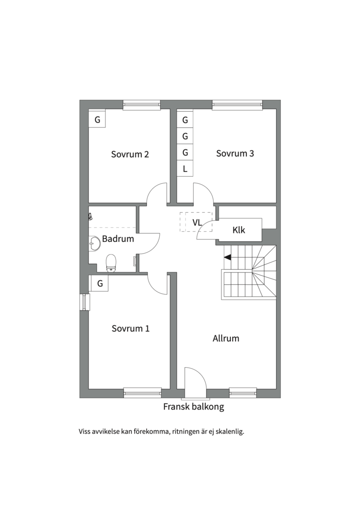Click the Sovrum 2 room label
point(130,154)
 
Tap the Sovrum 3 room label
point(235,154)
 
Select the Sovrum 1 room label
point(131,328)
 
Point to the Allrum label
point(226,338)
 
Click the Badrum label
point(118,239)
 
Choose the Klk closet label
point(238,230)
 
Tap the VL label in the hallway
point(197,222)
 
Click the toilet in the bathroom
point(111,263)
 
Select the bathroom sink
point(94,243)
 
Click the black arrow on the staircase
point(228,257)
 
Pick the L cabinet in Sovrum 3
point(185,169)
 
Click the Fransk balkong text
point(194,407)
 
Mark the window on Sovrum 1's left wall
point(84,302)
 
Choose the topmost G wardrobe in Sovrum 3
point(185,120)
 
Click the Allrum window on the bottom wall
point(243,393)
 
